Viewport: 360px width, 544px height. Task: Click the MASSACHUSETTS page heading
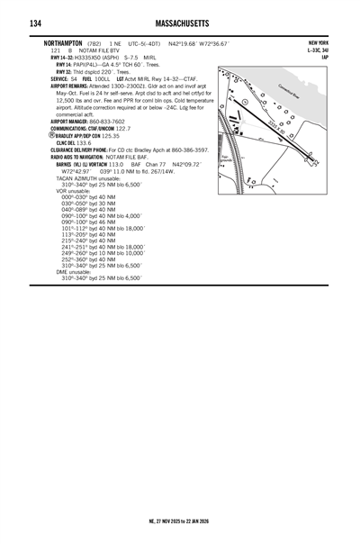(x=179, y=23)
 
